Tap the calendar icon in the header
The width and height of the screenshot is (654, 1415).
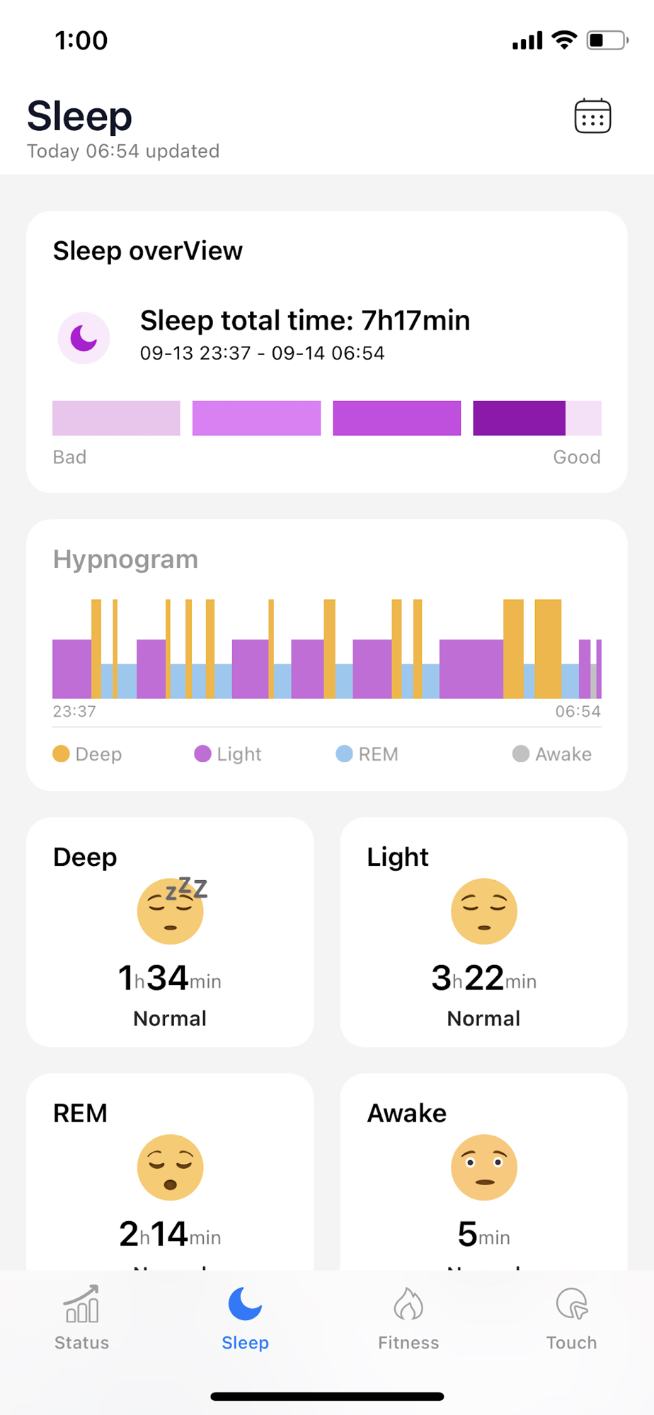tap(592, 116)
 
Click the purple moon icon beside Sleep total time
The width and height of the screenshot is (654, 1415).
tap(84, 337)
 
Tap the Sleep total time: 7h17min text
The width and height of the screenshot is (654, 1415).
tap(305, 320)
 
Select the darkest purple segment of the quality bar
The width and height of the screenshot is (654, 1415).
tap(519, 418)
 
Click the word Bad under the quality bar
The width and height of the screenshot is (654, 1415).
tap(69, 457)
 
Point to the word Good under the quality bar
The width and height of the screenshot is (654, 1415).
tap(576, 457)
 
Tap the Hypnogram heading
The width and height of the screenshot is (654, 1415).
tap(125, 560)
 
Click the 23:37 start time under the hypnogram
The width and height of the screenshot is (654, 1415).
tap(74, 711)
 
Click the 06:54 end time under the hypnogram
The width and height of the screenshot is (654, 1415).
tap(578, 711)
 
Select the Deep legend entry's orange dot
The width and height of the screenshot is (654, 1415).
tap(62, 753)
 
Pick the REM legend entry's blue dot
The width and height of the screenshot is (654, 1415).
tap(344, 753)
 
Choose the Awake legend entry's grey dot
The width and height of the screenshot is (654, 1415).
tap(520, 753)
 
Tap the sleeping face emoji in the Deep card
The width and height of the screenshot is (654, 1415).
tap(171, 911)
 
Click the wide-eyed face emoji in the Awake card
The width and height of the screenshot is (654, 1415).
tap(484, 1167)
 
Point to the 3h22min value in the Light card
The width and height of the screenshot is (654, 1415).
tap(484, 978)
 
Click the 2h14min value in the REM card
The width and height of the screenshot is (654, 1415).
tap(170, 1235)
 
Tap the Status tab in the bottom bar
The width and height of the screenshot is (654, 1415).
tap(82, 1317)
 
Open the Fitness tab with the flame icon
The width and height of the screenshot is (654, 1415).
tap(408, 1317)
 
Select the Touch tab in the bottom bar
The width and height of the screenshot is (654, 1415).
tap(571, 1317)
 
